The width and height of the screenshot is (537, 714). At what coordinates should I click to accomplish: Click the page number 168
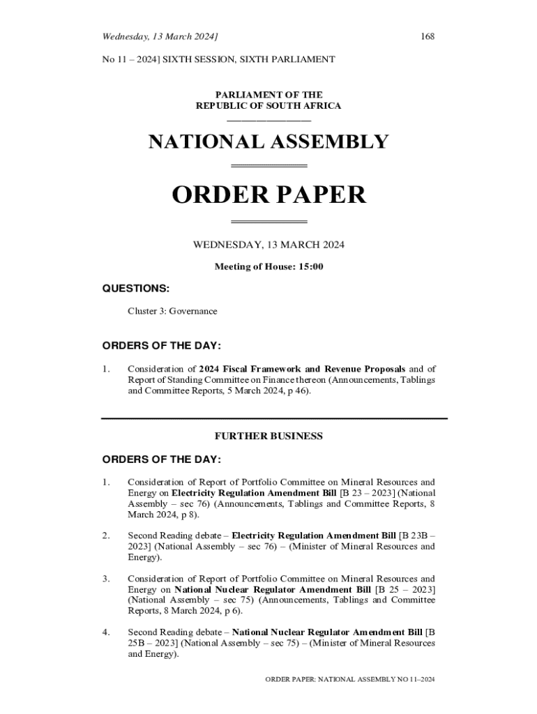tap(427, 36)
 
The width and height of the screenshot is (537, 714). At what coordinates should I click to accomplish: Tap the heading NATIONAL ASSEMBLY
tap(268, 142)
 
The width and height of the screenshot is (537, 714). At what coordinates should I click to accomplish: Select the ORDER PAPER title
tap(268, 195)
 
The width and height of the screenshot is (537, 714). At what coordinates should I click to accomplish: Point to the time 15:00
tap(310, 266)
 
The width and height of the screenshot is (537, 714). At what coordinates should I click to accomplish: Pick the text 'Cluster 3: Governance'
tap(172, 311)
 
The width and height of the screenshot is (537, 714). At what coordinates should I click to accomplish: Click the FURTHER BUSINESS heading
tap(268, 436)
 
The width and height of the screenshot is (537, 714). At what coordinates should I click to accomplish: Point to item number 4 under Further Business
tap(106, 632)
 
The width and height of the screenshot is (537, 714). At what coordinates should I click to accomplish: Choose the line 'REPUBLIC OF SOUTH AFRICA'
tap(268, 106)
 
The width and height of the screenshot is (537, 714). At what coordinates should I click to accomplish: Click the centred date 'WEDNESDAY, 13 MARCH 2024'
tap(268, 245)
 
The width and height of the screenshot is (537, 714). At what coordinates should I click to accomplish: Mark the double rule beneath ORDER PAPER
tap(268, 222)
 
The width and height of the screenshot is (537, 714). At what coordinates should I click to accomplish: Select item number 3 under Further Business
tap(106, 578)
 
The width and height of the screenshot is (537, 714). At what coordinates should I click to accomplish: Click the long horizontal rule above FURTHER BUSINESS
tap(274, 418)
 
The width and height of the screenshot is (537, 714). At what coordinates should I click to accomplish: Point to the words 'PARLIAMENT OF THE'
tap(268, 95)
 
